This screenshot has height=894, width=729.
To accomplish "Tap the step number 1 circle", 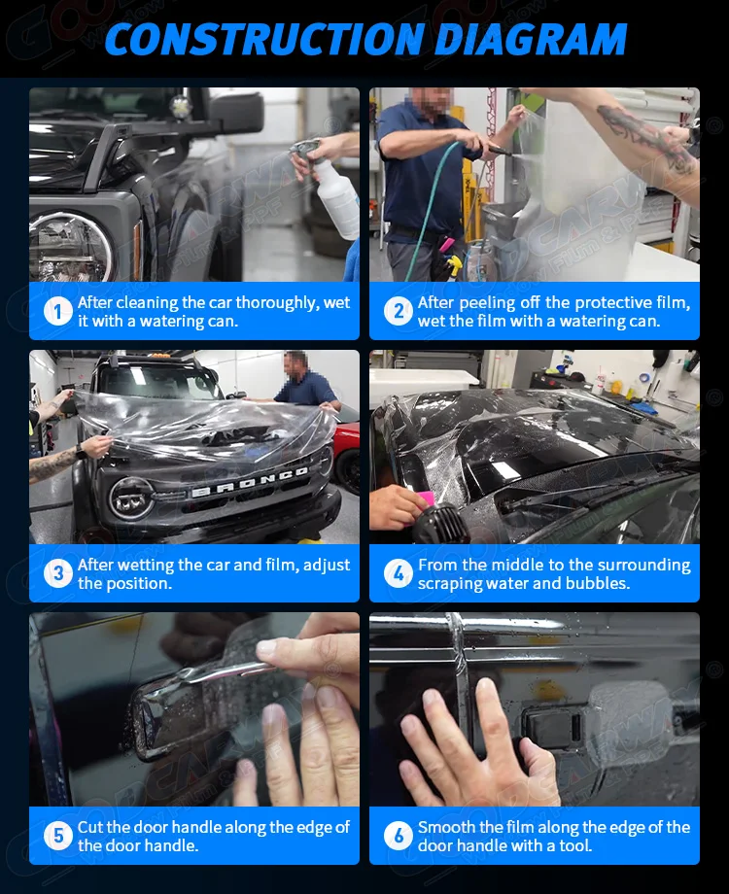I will pyautogui.click(x=58, y=312).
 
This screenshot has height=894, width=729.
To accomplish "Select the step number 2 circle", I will pyautogui.click(x=398, y=312).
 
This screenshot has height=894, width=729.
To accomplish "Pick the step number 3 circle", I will pyautogui.click(x=58, y=573).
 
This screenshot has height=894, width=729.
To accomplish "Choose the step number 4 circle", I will pyautogui.click(x=398, y=573).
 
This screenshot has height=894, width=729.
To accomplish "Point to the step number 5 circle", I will pyautogui.click(x=58, y=836).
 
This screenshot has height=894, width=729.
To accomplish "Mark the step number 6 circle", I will pyautogui.click(x=398, y=836).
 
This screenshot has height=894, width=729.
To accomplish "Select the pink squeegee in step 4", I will pyautogui.click(x=426, y=503).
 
